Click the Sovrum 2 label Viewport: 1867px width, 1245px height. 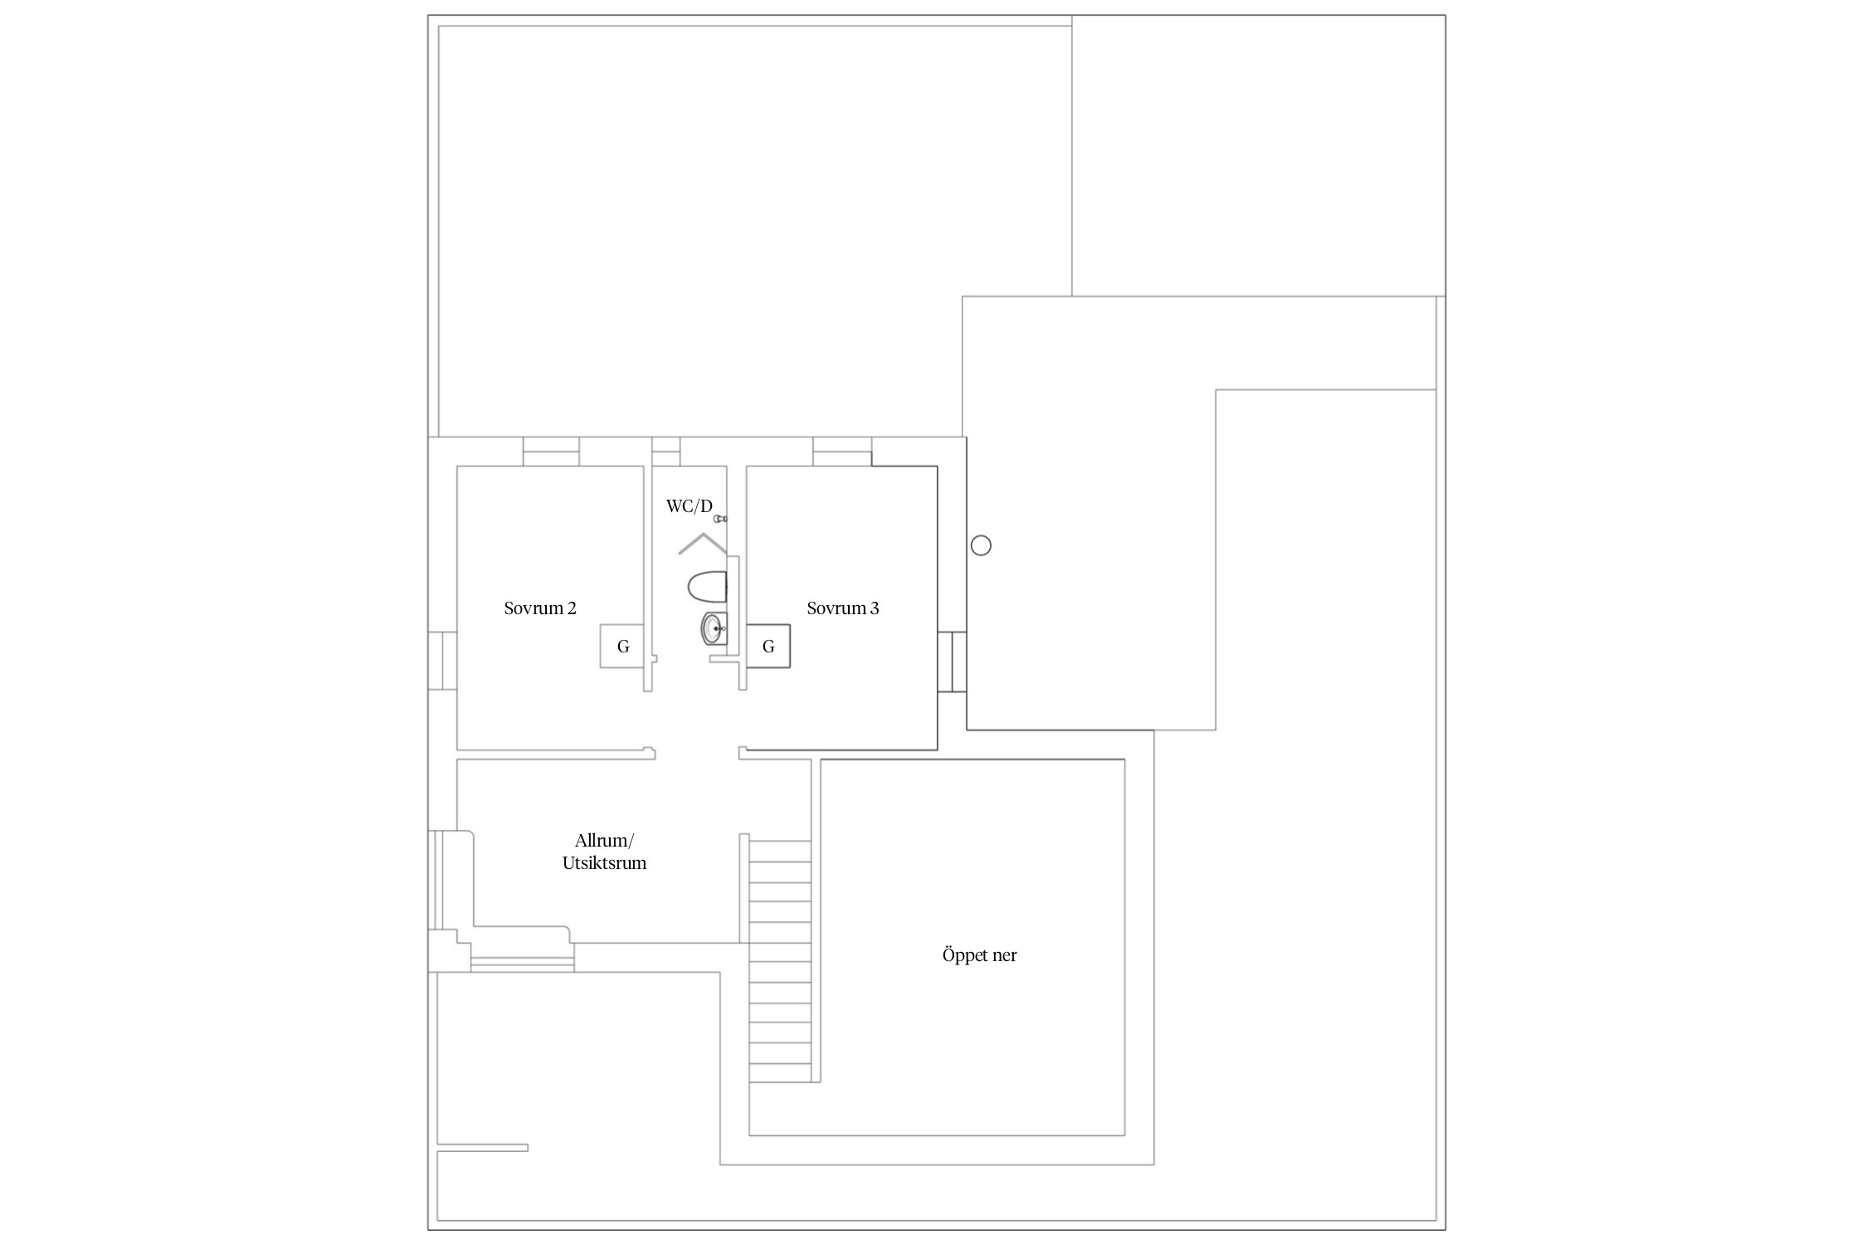coord(540,608)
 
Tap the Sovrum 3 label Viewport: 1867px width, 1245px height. coord(843,608)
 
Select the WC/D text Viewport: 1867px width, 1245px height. coord(690,506)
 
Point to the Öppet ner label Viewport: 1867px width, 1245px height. coord(979,955)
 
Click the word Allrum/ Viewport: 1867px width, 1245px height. coord(604,841)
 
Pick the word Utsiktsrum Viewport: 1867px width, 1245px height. coord(604,863)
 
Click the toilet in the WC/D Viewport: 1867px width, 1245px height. coord(708,587)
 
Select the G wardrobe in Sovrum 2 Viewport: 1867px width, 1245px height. coord(622,647)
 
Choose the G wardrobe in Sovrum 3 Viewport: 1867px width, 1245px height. coord(768,647)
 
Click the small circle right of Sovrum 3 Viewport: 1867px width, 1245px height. coord(981,545)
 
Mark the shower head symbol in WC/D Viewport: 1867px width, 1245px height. coord(721,519)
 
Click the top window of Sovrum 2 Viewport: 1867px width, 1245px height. coord(551,452)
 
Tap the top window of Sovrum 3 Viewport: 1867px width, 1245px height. coord(842,452)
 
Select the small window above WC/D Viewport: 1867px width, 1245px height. coord(665,452)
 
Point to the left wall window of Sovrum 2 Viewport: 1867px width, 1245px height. coord(442,661)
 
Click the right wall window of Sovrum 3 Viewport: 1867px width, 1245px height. coord(952,662)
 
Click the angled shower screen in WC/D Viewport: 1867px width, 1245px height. coord(703,544)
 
